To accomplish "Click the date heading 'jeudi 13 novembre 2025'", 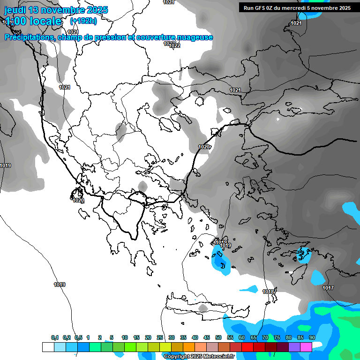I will [x=56, y=10].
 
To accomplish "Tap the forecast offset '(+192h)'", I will [x=83, y=21].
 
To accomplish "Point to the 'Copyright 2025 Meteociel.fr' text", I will [x=199, y=357].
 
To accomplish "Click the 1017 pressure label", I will [x=328, y=288].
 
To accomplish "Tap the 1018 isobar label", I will [x=268, y=292].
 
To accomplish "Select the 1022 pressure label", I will [x=174, y=45].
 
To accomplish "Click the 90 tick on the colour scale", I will [x=312, y=337].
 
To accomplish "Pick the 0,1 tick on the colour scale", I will [x=55, y=337].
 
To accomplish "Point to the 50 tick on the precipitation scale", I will [x=218, y=337].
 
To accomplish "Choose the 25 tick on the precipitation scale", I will [x=160, y=337].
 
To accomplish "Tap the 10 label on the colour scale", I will [x=125, y=337].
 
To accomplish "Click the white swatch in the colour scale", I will [x=48, y=347].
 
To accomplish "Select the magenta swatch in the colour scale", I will [x=306, y=347].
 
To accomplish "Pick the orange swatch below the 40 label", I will [x=189, y=347].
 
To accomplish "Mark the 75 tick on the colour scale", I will [x=277, y=337].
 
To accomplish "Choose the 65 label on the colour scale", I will [x=254, y=337].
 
